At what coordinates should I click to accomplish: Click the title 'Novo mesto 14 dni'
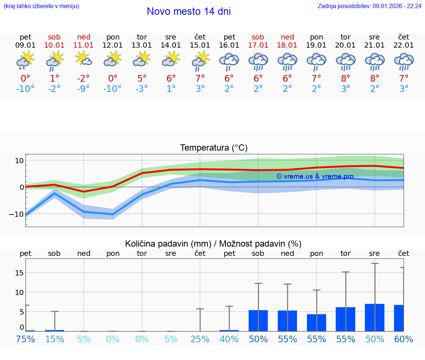point(189,11)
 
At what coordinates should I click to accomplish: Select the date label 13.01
point(142,45)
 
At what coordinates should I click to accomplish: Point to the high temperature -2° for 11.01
point(83,78)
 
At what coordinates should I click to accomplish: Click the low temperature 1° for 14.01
point(171,89)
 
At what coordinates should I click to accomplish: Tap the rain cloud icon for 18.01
point(287,61)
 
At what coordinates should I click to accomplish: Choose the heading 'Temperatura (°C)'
point(214,148)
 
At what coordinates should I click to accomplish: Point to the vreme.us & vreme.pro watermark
point(315,176)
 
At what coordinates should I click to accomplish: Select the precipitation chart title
point(213,244)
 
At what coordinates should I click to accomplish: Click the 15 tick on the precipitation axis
point(19,272)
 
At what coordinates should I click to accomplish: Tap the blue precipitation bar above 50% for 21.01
point(374,318)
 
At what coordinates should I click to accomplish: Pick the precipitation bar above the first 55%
point(287,320)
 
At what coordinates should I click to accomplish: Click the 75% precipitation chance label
point(25,339)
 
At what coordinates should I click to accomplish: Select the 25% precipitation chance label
point(200,339)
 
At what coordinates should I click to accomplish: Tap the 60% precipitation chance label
point(404,339)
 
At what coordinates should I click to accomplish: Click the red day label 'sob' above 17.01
point(258,37)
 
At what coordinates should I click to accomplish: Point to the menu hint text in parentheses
point(41,6)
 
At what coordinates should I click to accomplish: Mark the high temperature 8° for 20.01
point(345,78)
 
